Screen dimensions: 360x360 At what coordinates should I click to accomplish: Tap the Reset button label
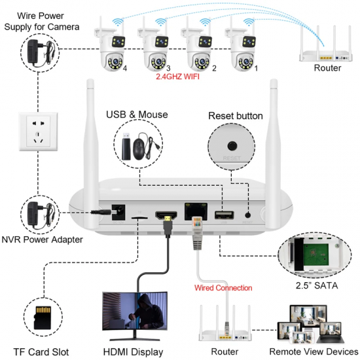[235, 116]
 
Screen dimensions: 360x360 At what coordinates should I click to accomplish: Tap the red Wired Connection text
[223, 287]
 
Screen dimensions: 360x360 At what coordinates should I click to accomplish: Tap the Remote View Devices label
[315, 352]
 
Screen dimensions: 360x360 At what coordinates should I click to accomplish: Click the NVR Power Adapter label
[42, 240]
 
